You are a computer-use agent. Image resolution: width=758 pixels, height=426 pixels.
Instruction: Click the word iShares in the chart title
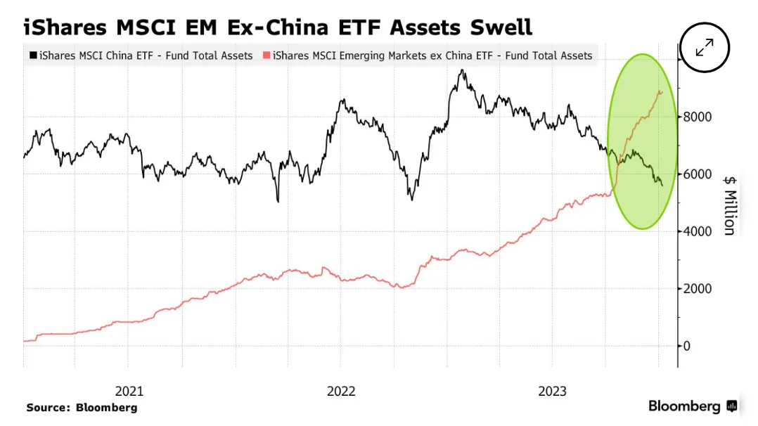(65, 27)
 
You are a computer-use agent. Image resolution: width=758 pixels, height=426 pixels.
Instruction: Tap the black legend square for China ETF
(33, 55)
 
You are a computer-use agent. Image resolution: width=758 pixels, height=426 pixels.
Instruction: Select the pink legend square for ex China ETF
(266, 55)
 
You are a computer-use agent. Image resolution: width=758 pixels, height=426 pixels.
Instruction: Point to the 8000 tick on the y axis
(697, 117)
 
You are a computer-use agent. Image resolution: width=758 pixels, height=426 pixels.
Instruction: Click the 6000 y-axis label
(697, 174)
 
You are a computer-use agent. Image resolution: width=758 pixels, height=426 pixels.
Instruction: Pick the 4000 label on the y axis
(697, 231)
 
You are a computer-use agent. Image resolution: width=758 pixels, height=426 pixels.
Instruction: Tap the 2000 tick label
(697, 289)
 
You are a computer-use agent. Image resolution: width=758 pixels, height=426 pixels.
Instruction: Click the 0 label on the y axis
(686, 346)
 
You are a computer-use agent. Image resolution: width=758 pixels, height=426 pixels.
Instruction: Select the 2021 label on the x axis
(129, 391)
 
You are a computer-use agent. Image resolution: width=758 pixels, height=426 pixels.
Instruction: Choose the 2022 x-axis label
(341, 391)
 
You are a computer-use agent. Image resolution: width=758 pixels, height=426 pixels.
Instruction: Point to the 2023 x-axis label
(552, 391)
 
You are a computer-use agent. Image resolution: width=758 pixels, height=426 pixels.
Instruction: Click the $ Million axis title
(730, 206)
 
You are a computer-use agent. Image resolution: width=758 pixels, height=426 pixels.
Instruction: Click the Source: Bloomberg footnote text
(82, 408)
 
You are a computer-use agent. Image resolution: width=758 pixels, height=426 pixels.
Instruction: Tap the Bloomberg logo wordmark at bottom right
(684, 406)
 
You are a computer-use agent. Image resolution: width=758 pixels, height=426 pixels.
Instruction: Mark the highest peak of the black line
(463, 70)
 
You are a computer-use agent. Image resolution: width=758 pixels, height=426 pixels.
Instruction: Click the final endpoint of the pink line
(662, 92)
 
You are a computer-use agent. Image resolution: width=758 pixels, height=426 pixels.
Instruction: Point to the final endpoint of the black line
(662, 186)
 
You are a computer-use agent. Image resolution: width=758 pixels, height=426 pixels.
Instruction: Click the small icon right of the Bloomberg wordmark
(732, 406)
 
